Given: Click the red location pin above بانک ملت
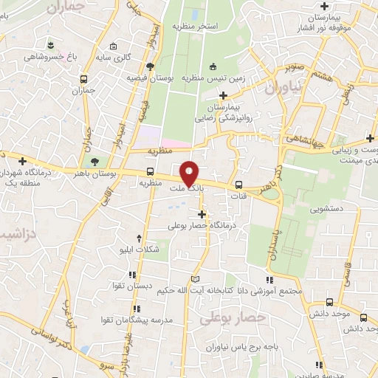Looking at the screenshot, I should tap(190, 173).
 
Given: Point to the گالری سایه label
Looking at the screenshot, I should tap(115, 57).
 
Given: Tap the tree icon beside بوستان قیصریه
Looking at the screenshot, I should tap(151, 66).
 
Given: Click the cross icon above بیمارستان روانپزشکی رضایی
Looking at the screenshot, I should tap(224, 95).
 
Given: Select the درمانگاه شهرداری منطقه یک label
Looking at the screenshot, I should tap(29, 176).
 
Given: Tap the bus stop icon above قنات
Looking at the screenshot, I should tap(238, 185).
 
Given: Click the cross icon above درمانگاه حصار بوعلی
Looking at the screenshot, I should tap(202, 214).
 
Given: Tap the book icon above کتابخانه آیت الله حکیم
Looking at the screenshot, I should tap(195, 278).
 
